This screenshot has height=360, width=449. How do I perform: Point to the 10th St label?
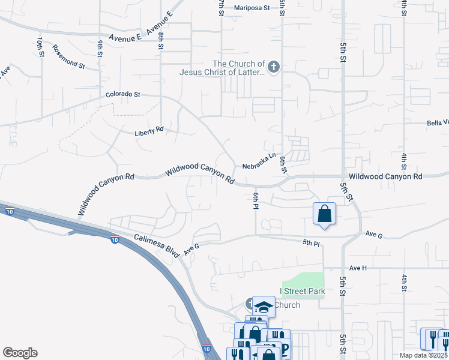point(41,47)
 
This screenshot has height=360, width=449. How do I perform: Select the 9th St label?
point(100,48)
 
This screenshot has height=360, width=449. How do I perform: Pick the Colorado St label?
point(122,94)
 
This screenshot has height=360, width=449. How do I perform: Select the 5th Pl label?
point(311,242)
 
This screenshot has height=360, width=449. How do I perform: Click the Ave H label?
point(358,268)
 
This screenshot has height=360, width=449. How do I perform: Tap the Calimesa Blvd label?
point(157,245)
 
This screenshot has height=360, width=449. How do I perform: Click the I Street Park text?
point(303,292)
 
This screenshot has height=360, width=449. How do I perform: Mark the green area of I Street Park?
point(303,281)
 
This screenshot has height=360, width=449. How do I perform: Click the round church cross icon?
point(274,67)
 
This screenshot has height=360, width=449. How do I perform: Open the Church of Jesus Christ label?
point(222,68)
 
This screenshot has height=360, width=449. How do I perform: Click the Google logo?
point(20,353)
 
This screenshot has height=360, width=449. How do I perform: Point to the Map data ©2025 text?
point(423,355)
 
